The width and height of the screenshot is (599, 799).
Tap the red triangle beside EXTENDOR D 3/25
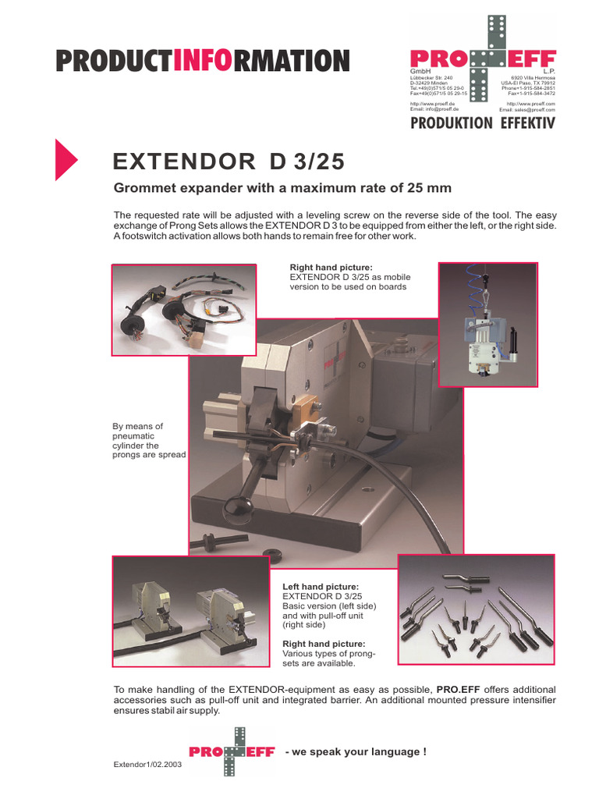(x=66, y=159)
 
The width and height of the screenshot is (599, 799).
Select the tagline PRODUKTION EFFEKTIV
(x=483, y=123)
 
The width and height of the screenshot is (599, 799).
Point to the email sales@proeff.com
(x=527, y=109)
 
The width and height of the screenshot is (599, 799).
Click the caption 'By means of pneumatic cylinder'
(x=149, y=441)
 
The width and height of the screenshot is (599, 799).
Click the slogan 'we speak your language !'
(x=356, y=751)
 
